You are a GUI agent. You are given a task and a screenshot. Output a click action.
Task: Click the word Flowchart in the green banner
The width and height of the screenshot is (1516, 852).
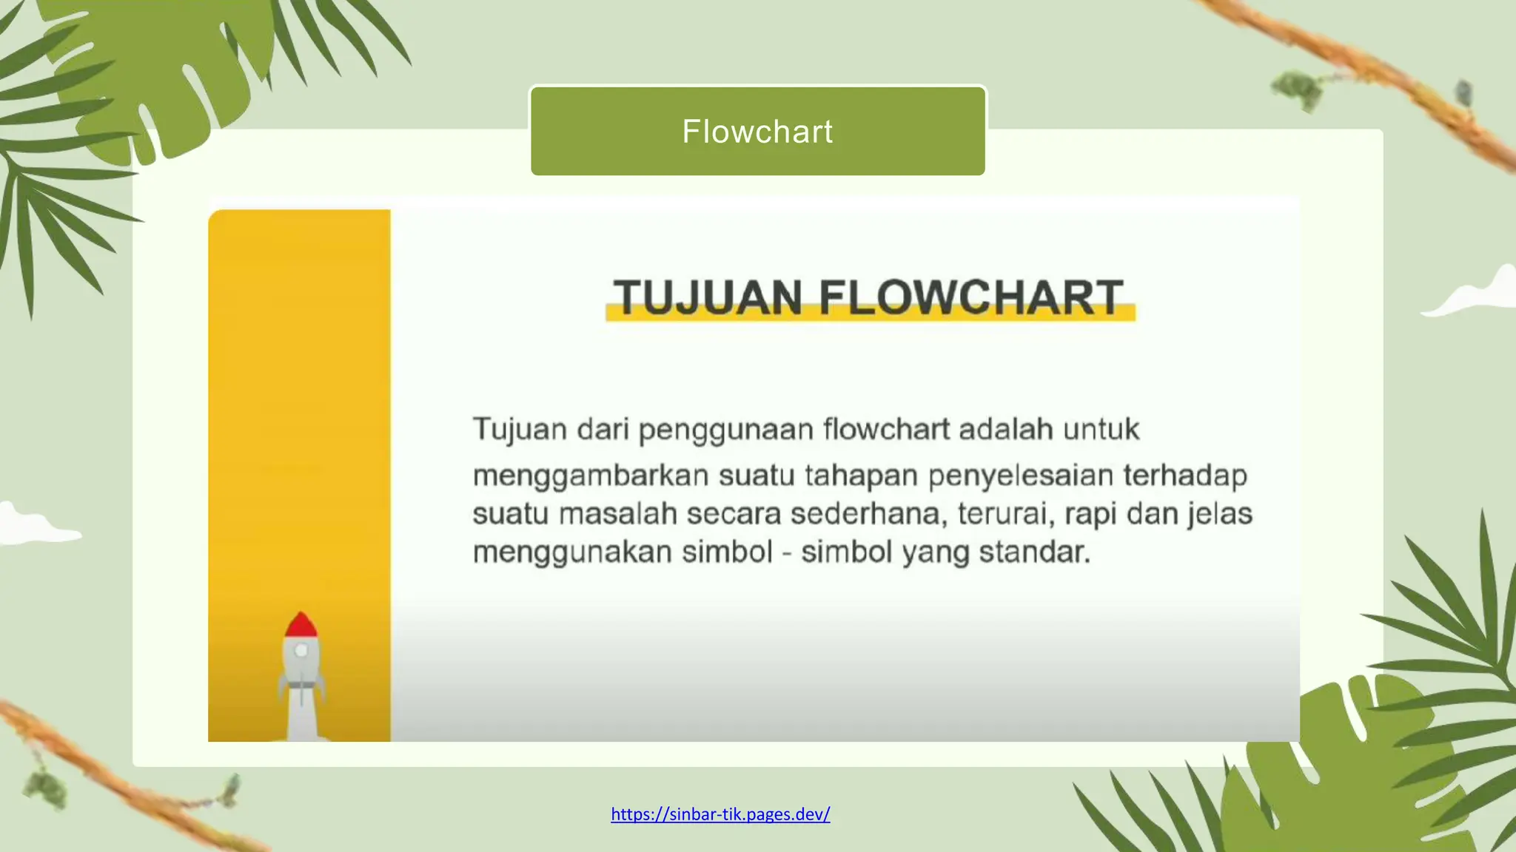(757, 132)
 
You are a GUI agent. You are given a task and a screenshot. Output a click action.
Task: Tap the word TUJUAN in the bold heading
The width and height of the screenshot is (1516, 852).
(708, 297)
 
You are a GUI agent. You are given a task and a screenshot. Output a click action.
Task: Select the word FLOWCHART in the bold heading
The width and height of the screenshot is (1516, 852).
(971, 297)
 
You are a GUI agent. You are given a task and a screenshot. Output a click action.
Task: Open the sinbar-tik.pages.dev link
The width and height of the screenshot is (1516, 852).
(720, 814)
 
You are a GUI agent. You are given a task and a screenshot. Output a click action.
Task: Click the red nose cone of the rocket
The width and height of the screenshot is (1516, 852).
(301, 626)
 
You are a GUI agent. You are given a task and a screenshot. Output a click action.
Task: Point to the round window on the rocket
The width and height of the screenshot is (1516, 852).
(302, 651)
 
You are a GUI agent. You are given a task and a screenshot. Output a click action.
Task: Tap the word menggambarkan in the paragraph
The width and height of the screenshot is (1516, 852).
(591, 476)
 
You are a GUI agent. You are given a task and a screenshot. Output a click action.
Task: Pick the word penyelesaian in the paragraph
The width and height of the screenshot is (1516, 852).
(1021, 476)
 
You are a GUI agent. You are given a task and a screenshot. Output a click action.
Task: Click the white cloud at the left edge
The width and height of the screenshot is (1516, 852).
(30, 525)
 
